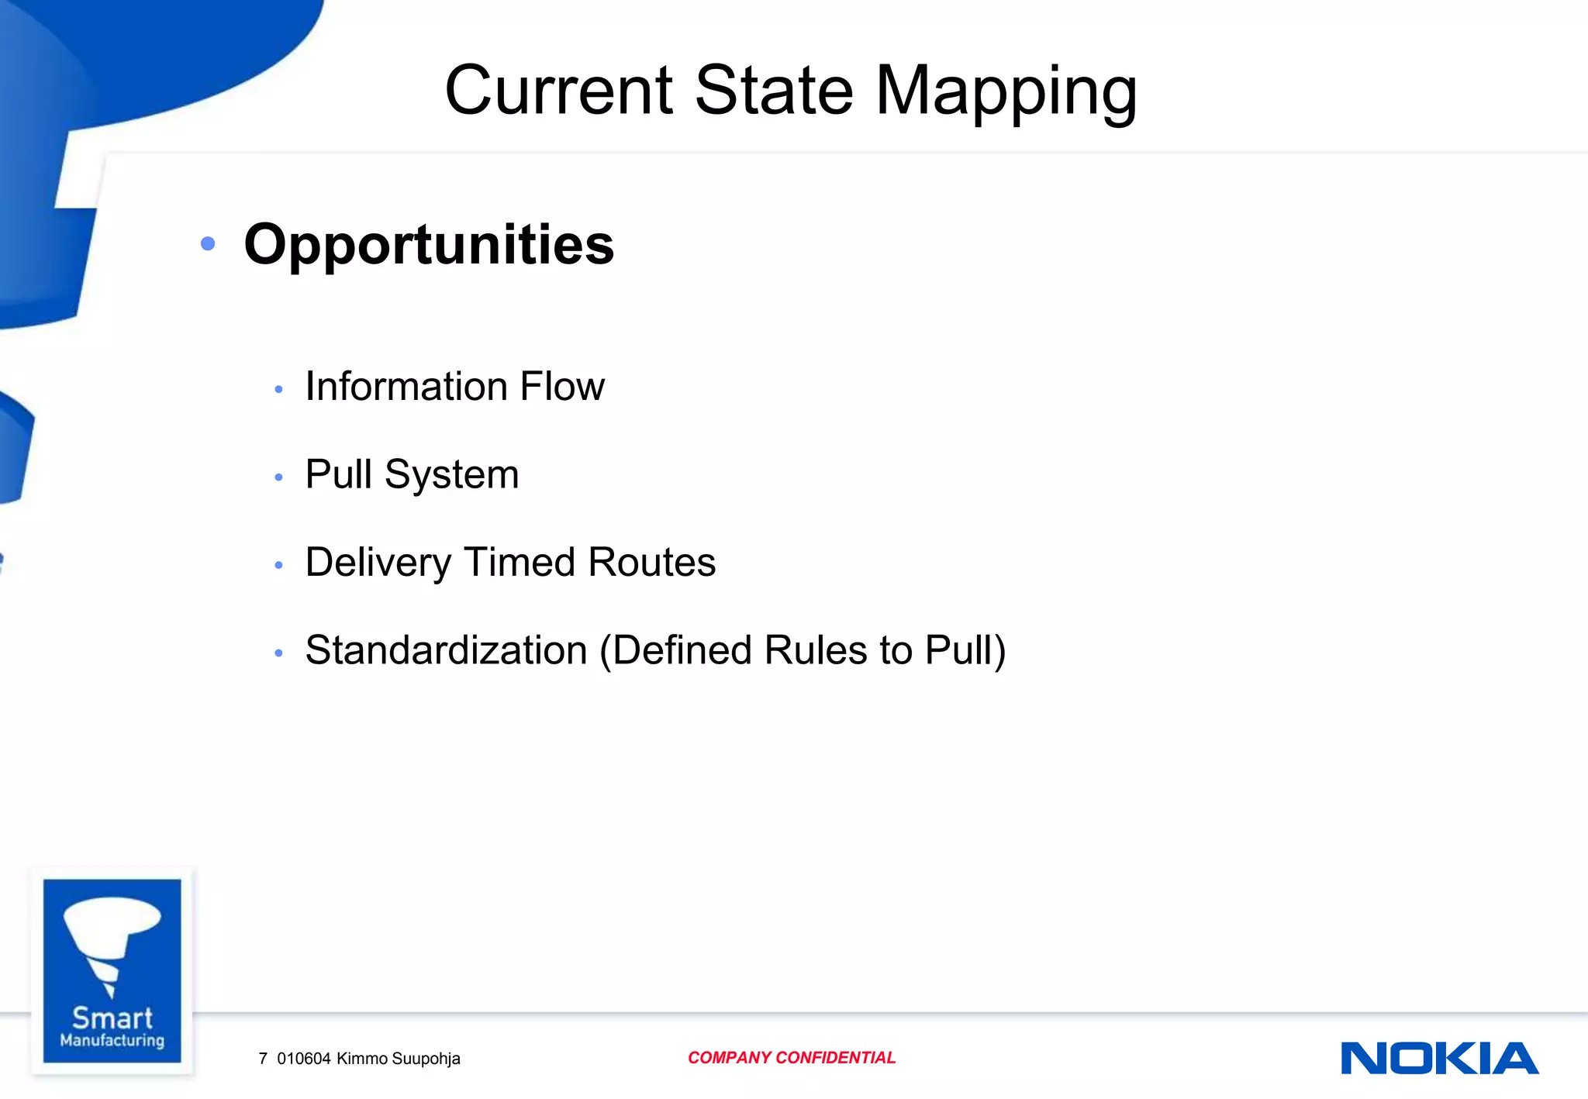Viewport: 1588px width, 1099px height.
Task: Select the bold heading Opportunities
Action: pos(429,244)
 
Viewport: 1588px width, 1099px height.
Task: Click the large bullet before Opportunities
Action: pos(207,244)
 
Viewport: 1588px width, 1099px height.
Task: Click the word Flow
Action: pos(562,386)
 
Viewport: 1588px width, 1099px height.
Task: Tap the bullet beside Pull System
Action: pos(278,477)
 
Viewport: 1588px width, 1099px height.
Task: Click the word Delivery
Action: pos(378,563)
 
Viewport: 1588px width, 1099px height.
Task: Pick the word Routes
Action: pos(651,562)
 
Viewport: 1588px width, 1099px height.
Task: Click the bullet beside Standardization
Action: pos(278,653)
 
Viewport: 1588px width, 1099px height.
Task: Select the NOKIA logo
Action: pos(1439,1058)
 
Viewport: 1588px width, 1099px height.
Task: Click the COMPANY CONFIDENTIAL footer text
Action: pos(791,1058)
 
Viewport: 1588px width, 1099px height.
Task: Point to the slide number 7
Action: pos(263,1059)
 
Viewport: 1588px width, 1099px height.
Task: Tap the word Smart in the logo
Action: pos(112,1018)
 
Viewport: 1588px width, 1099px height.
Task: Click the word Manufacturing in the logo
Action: pos(112,1040)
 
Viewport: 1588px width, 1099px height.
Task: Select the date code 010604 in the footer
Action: pos(303,1059)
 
